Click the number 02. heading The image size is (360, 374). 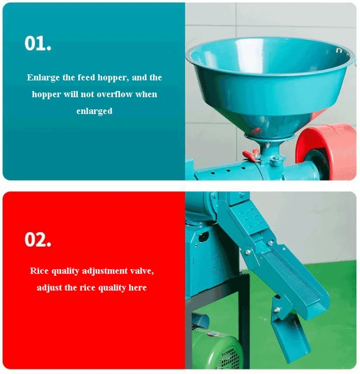(x=38, y=239)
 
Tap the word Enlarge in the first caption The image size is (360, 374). (x=43, y=77)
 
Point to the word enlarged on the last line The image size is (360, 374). (x=94, y=111)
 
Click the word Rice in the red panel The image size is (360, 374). (x=39, y=271)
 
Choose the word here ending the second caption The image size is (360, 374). (x=138, y=288)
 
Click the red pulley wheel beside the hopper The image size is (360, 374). (x=326, y=153)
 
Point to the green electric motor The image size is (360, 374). (x=216, y=349)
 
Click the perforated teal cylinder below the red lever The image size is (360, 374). (x=226, y=171)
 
